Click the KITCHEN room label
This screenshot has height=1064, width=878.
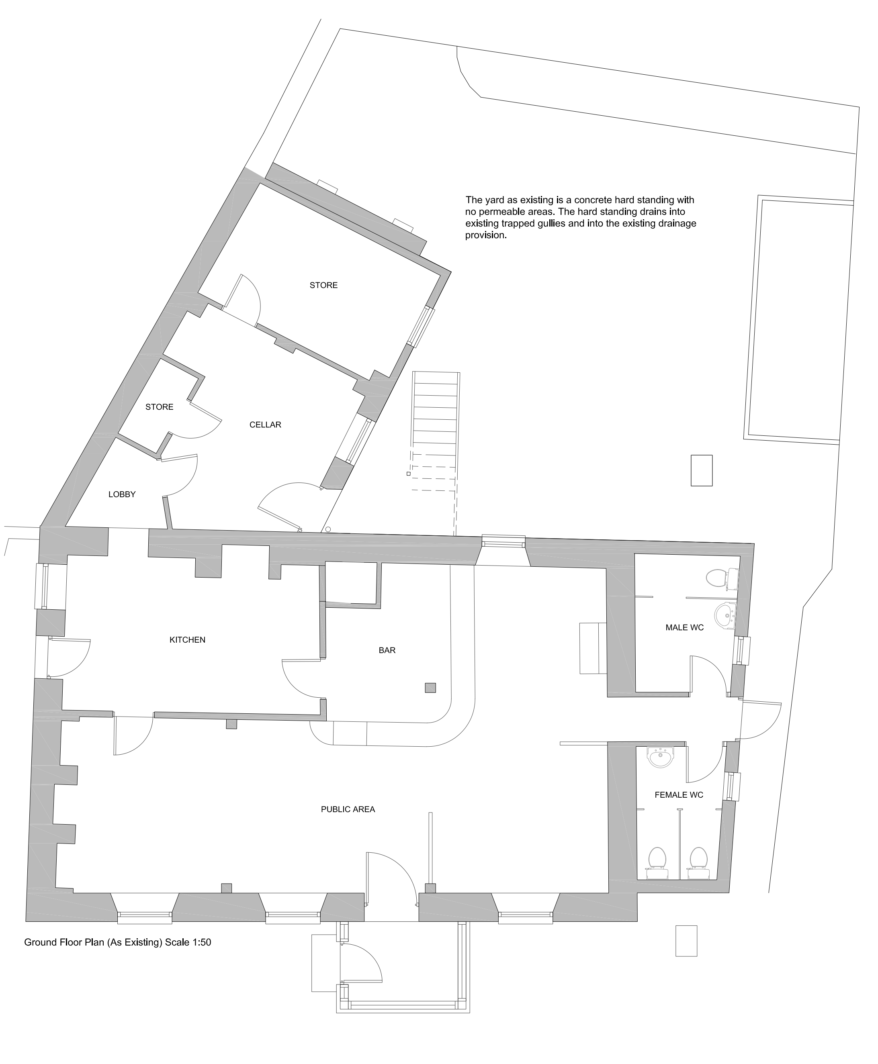[187, 640]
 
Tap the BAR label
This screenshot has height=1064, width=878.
[387, 651]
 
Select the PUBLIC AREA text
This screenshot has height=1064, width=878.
[348, 809]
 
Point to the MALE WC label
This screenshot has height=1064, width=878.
[684, 628]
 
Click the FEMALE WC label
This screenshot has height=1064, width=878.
[679, 795]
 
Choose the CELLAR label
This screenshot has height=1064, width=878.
[265, 425]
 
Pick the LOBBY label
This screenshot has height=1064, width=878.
[122, 494]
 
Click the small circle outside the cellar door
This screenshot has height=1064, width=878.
[328, 529]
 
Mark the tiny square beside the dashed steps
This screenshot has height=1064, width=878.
[408, 474]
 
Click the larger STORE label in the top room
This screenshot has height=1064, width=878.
[324, 286]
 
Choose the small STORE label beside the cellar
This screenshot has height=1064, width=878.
[159, 407]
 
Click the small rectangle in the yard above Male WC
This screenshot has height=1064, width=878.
[702, 471]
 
